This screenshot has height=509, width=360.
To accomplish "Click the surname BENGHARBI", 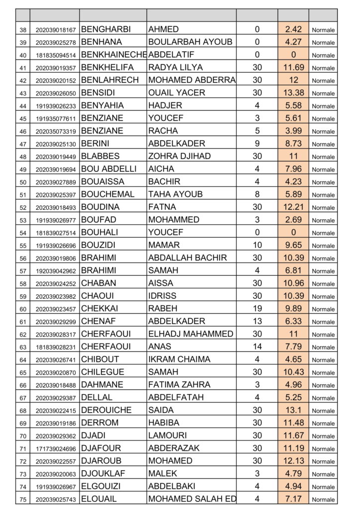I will click(x=102, y=29).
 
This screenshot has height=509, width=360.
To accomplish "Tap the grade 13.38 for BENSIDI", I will click(x=293, y=93).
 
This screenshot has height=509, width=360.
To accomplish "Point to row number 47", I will click(x=23, y=144).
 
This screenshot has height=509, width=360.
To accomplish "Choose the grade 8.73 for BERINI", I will click(x=293, y=144).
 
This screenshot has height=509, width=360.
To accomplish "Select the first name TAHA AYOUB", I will click(x=176, y=194).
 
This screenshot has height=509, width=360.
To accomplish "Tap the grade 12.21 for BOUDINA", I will click(x=293, y=207).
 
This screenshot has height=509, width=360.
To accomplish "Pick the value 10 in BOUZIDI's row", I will click(x=257, y=245).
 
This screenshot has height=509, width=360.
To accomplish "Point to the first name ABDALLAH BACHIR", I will click(x=187, y=258).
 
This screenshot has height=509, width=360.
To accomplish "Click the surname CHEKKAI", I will click(x=99, y=309).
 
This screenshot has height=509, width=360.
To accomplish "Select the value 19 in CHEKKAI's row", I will click(x=257, y=309).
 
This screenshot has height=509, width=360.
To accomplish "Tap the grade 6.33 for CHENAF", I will click(x=293, y=321).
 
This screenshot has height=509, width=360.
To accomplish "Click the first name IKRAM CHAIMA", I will click(x=179, y=359).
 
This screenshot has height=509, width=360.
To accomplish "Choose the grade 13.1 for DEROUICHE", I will click(x=293, y=410).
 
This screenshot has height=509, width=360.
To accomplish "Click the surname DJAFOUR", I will click(x=101, y=448).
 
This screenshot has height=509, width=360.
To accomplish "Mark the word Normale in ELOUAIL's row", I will click(x=323, y=500).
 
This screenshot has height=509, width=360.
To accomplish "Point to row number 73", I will click(x=23, y=474).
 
